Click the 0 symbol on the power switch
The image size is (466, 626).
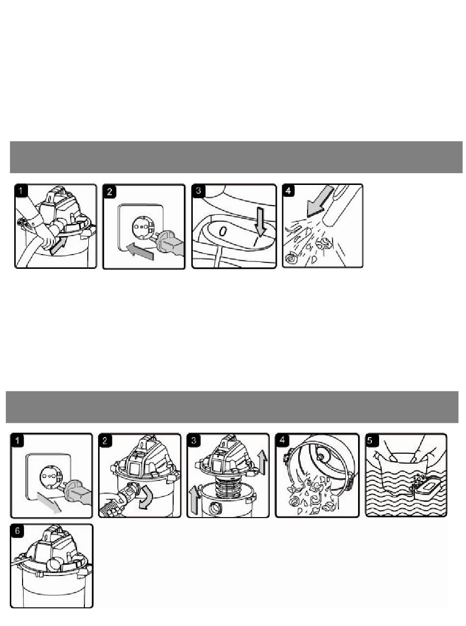[x=223, y=232]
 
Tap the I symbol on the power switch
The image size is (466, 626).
[x=257, y=241]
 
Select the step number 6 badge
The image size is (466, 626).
[x=17, y=531]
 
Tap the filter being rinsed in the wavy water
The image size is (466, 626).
[x=425, y=483]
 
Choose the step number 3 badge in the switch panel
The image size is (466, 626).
[x=199, y=190]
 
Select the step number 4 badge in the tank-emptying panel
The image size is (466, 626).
[x=282, y=440]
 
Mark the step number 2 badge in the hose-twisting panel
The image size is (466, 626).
[x=104, y=440]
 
